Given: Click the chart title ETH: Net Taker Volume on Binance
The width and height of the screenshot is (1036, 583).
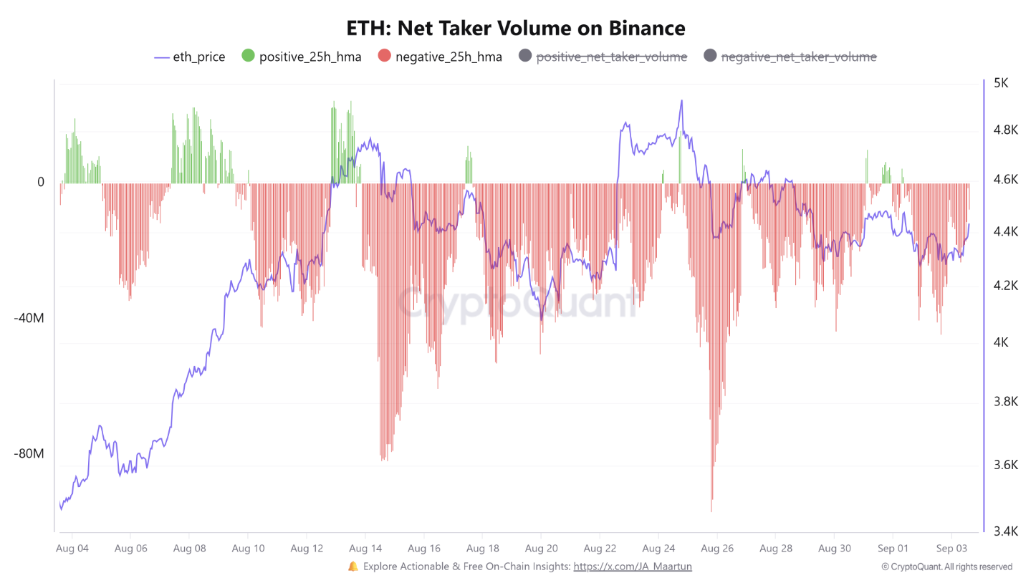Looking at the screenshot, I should [x=516, y=28].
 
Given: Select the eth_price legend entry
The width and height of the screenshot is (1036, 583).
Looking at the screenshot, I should [x=190, y=57].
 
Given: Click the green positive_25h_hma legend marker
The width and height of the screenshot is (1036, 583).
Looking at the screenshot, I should [x=248, y=57].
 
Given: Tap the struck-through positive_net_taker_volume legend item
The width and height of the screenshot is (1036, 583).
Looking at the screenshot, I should [x=612, y=57].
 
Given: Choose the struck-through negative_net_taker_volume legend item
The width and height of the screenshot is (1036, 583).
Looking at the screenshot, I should [x=798, y=57].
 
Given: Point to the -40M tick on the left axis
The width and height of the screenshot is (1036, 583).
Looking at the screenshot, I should [x=29, y=318].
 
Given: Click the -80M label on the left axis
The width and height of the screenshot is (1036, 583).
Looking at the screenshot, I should [x=29, y=454].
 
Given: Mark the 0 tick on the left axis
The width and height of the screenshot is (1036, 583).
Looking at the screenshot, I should [x=41, y=183].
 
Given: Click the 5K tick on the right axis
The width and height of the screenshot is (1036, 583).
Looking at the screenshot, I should [x=1000, y=83].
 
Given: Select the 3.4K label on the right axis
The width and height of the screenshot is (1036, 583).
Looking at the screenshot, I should [x=1000, y=531].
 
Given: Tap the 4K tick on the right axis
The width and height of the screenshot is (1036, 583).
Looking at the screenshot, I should [x=1000, y=342].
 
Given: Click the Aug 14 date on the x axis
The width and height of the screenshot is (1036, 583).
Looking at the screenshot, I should [x=365, y=549].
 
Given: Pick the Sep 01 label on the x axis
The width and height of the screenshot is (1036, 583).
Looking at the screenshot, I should [x=893, y=549].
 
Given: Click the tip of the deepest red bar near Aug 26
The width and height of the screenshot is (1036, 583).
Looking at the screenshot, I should [x=711, y=511].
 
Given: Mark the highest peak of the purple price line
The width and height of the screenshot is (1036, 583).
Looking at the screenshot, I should [x=681, y=100].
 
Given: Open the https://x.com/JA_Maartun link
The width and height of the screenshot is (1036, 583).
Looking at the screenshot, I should [x=633, y=567].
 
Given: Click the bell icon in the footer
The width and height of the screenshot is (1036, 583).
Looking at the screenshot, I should [x=352, y=567].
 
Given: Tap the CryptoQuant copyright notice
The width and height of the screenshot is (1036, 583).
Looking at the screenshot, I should [x=946, y=567].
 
